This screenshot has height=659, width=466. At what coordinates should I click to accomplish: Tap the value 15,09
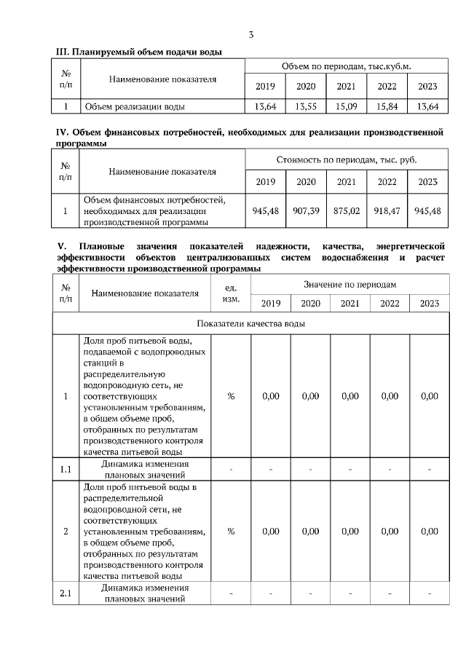click(346, 106)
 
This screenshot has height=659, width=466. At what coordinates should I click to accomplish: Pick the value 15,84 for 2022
click(387, 106)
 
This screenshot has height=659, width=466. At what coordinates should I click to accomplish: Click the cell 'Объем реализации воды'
click(135, 106)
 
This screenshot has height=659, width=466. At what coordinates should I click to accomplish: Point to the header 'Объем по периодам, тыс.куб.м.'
click(346, 66)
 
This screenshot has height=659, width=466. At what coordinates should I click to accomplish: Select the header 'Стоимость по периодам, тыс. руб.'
click(346, 159)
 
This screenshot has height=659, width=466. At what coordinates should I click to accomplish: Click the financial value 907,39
click(306, 210)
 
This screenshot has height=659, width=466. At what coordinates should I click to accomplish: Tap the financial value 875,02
click(346, 210)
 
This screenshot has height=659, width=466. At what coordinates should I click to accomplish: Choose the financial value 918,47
click(387, 210)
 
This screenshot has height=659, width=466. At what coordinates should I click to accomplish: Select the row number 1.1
click(66, 469)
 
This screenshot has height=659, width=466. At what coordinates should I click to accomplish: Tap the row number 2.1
click(66, 593)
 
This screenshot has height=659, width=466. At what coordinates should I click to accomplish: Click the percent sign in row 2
click(231, 532)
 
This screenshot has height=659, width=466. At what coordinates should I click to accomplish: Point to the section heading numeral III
click(62, 52)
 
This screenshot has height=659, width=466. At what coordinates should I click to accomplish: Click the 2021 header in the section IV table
click(346, 181)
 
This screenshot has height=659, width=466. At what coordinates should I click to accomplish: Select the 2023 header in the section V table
click(429, 303)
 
